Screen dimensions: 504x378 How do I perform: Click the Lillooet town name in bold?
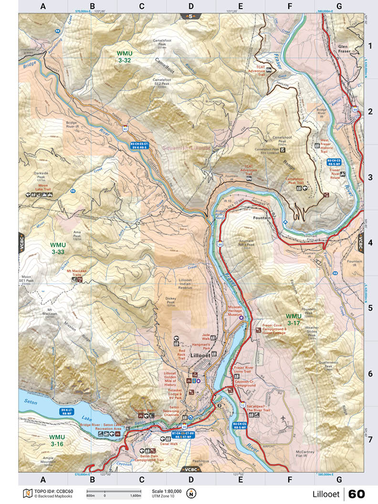pyautogui.click(x=200, y=356)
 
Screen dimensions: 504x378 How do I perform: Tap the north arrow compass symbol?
pyautogui.click(x=191, y=493)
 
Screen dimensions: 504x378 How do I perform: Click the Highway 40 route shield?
pyautogui.click(x=125, y=128)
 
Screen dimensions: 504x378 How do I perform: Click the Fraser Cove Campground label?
pyautogui.click(x=274, y=329)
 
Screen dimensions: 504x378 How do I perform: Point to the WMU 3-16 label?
pyautogui.click(x=56, y=440)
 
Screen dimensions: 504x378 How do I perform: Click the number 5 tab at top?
pyautogui.click(x=191, y=17)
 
